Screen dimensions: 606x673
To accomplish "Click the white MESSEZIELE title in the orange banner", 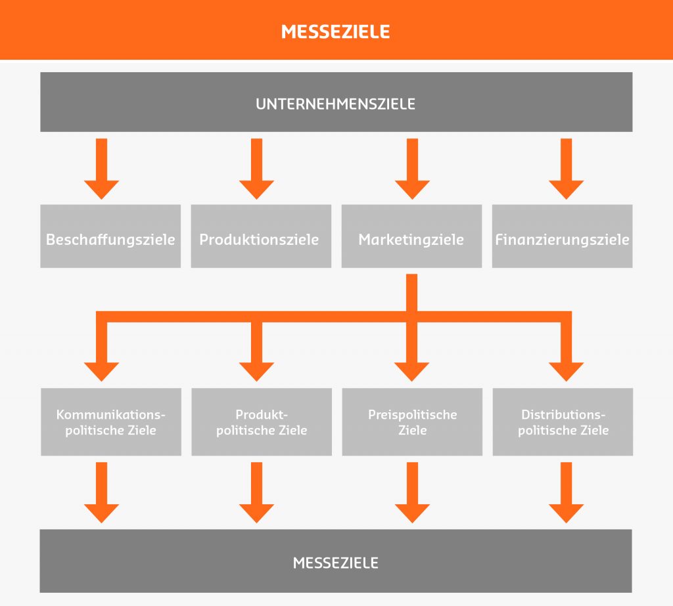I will pos(335,31).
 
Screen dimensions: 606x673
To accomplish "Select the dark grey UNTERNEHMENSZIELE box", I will pos(336,102).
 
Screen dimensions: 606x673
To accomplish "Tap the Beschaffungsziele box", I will pos(110,236).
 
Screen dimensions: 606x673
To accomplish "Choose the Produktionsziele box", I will pos(261,236).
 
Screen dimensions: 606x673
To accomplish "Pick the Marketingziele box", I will pos(411,236).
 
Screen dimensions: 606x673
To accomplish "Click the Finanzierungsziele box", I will pos(562,236).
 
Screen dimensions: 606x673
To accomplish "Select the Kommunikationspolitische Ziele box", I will pos(110,422).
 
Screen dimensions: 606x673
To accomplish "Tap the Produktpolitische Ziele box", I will pos(262,422).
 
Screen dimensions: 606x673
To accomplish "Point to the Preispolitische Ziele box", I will pos(412,422).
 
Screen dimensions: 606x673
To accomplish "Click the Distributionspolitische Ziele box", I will pos(563,422).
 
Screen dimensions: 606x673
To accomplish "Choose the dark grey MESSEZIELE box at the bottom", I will pos(336,561).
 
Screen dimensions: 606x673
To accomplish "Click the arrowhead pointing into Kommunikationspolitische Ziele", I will pos(102,369).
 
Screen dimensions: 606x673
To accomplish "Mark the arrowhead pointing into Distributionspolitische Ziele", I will pos(567,369).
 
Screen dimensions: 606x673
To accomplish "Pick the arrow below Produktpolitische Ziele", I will pos(256,494).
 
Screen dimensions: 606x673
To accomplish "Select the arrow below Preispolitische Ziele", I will pos(412,494).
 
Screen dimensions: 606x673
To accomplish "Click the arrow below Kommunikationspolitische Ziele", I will pos(102,494).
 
